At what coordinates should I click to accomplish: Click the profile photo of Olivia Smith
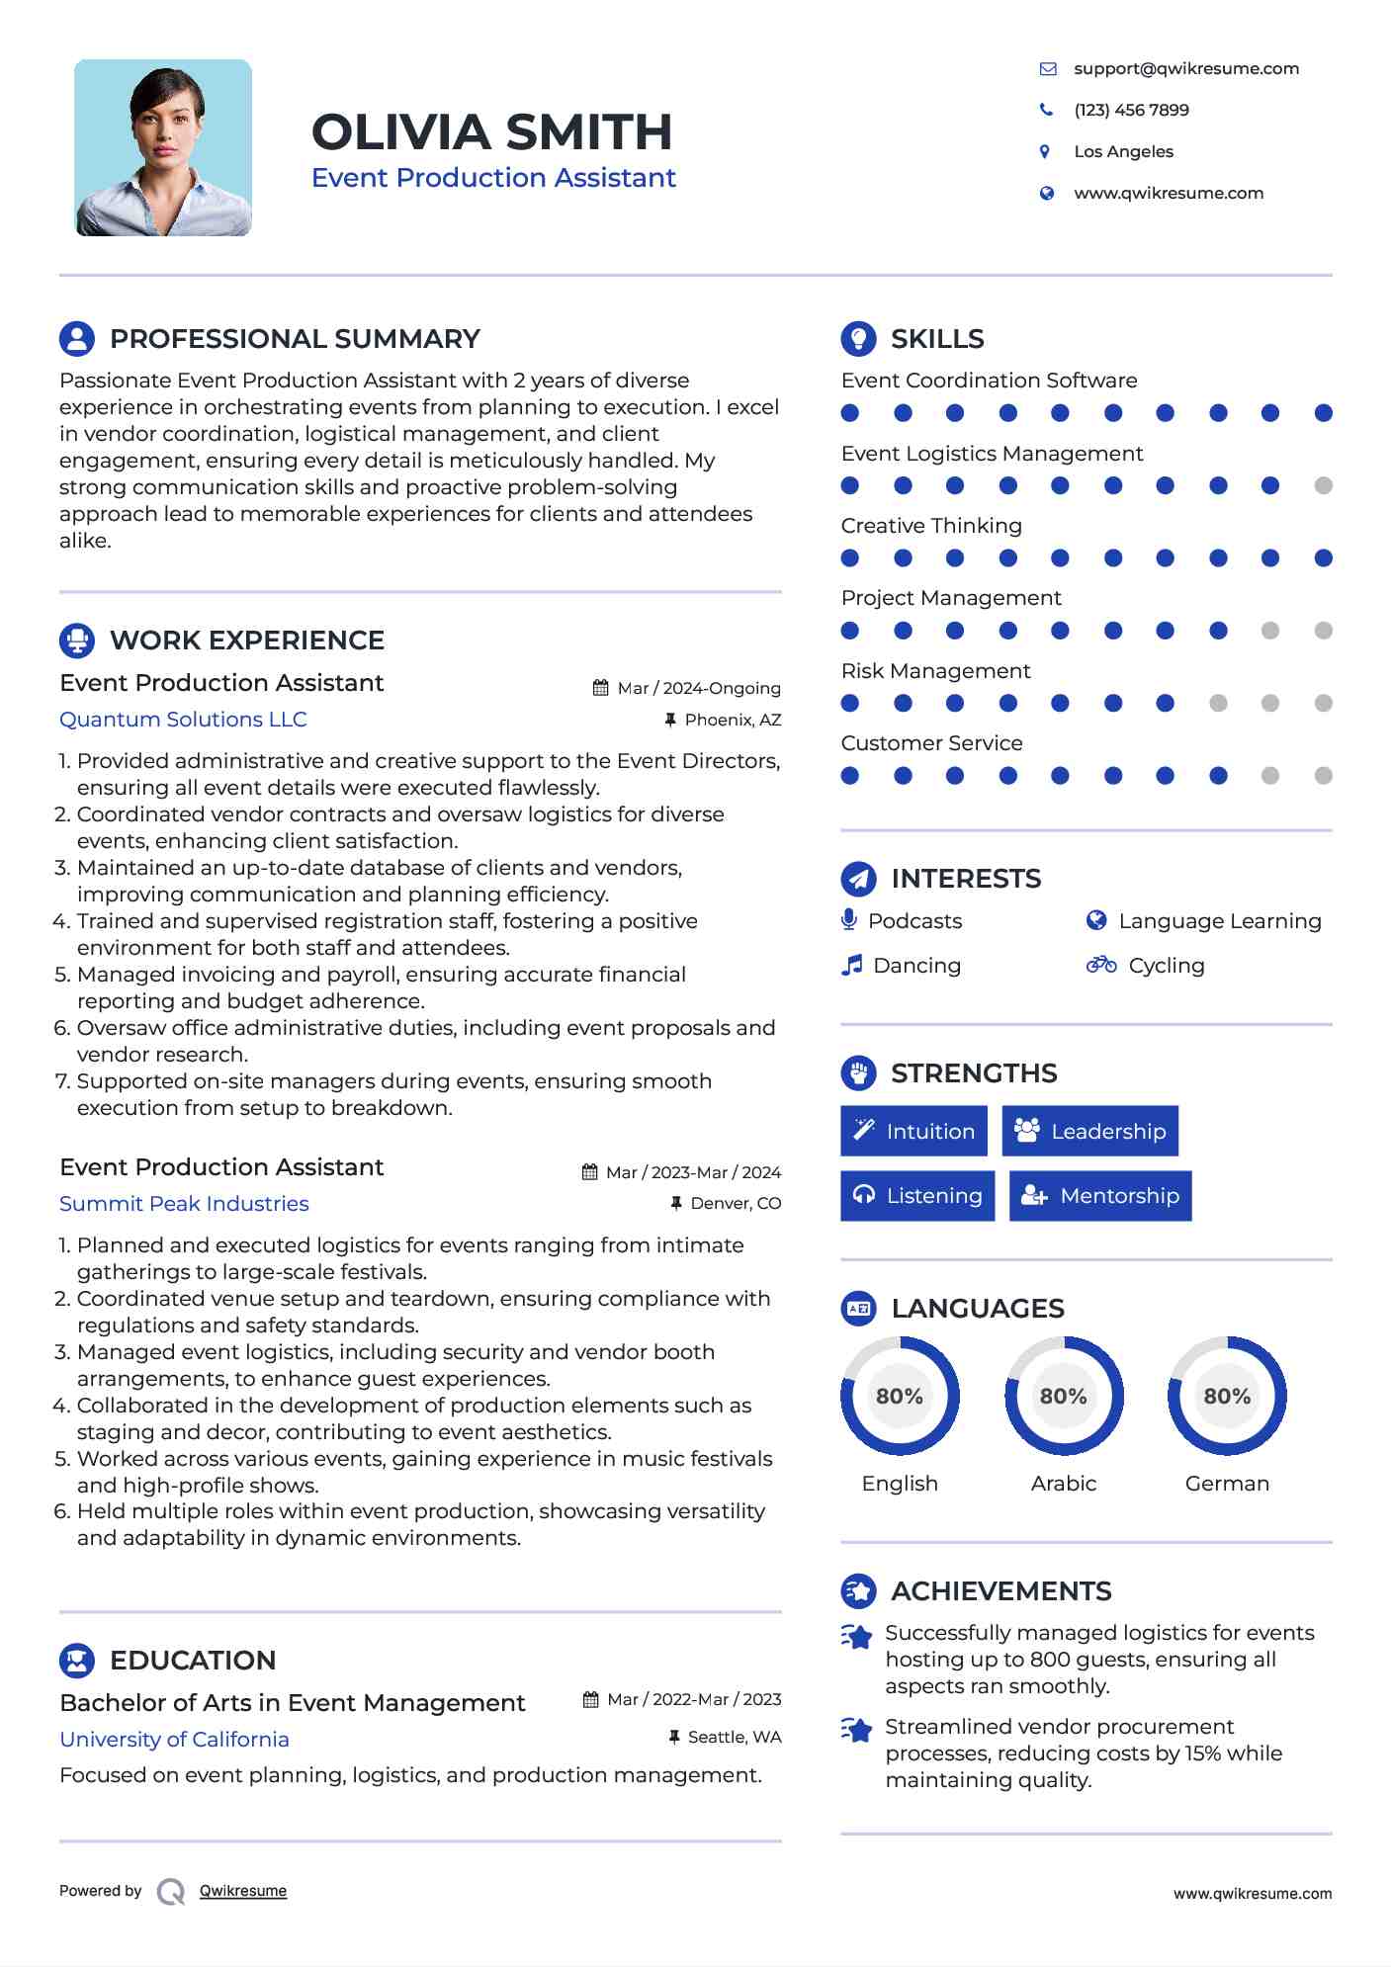[163, 147]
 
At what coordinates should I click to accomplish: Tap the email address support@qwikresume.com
[1185, 68]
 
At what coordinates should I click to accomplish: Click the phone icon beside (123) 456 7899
[1046, 110]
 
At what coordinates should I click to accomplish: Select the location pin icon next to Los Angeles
[1045, 151]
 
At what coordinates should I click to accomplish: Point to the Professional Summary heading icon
[77, 338]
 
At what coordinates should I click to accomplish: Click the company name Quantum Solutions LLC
[183, 720]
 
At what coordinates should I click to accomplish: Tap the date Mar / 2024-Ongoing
[698, 688]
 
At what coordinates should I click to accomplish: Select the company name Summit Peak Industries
[184, 1204]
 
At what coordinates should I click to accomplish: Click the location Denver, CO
[735, 1203]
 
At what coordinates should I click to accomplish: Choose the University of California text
[174, 1740]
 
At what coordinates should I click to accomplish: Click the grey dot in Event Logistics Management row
[1323, 485]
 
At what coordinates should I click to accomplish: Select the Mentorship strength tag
[1099, 1196]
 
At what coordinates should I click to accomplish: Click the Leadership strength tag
[1089, 1131]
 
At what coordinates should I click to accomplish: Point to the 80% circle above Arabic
[1064, 1396]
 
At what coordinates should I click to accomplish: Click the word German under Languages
[1227, 1484]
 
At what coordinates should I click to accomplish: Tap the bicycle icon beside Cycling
[1100, 965]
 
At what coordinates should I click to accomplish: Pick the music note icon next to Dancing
[851, 965]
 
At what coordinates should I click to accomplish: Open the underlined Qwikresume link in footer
[243, 1891]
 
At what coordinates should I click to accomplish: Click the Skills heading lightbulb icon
[858, 338]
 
